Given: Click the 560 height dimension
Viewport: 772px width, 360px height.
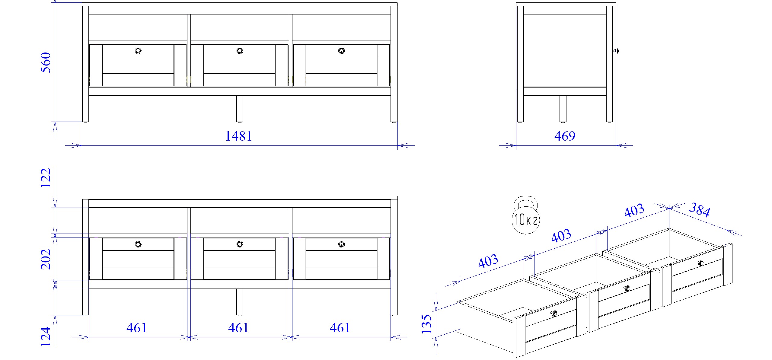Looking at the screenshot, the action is [46, 62].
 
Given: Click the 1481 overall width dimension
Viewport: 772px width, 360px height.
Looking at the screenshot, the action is [239, 136].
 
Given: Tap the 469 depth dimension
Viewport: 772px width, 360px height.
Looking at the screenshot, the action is [565, 136].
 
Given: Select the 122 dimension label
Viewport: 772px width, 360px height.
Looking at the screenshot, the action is [46, 178].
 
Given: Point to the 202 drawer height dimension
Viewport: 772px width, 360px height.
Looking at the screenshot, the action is [46, 259].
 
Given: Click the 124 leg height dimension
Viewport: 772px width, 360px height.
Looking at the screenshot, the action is [46, 336].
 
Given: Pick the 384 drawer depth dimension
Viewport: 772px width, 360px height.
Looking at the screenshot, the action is [700, 210].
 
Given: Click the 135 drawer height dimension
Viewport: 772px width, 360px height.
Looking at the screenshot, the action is [427, 324].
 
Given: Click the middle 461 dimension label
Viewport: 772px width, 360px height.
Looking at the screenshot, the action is [238, 328].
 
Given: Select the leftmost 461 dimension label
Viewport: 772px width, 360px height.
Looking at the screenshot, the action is [137, 328].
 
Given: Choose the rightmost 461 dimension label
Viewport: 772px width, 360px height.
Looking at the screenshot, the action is [340, 328].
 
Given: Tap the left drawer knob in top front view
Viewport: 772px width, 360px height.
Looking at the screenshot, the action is [138, 51].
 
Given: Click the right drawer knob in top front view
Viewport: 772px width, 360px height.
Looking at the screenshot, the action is [341, 51].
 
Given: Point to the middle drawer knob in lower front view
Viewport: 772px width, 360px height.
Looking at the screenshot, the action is [240, 244].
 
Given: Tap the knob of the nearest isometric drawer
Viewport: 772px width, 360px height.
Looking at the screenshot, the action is [554, 314].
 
